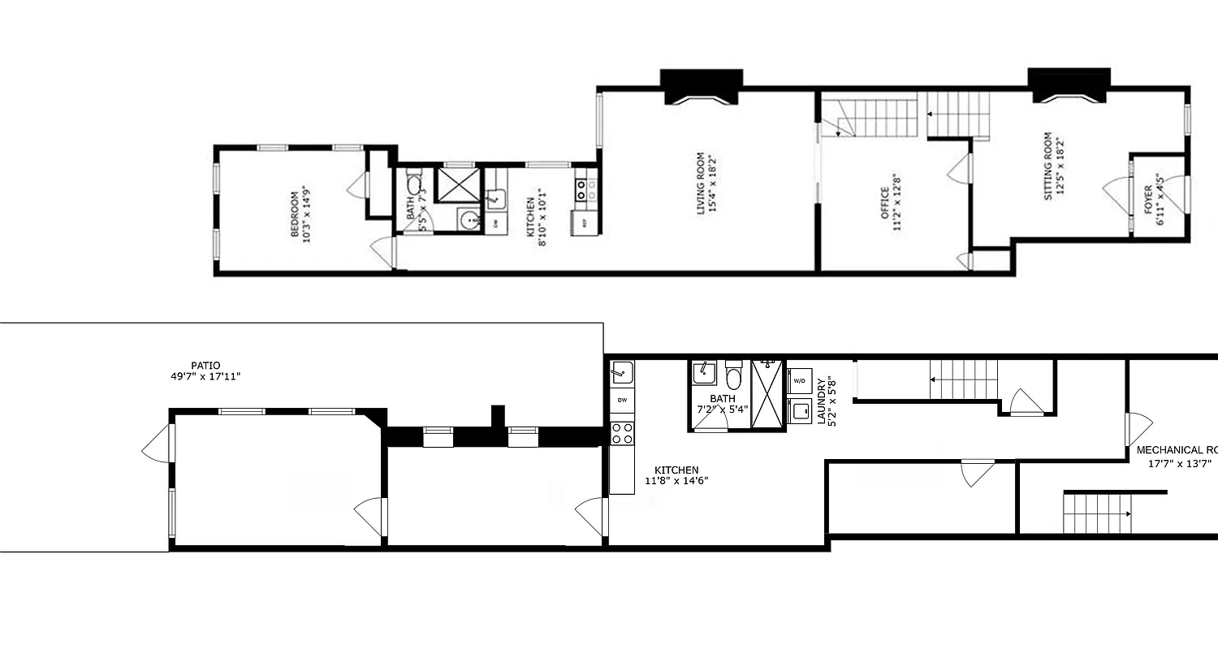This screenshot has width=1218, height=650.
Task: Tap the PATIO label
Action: point(205,370)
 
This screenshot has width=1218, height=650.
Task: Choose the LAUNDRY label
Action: point(827,401)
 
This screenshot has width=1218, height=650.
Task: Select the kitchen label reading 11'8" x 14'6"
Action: point(676,475)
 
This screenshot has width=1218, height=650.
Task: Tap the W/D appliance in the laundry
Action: point(799,381)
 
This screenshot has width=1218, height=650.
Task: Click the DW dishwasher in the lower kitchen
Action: point(622,400)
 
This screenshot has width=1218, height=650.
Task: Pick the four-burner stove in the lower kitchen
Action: point(622,433)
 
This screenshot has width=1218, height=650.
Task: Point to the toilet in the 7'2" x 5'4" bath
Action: point(734,375)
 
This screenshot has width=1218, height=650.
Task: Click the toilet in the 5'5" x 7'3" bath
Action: point(414,184)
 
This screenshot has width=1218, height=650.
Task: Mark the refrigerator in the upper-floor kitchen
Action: point(584,223)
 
